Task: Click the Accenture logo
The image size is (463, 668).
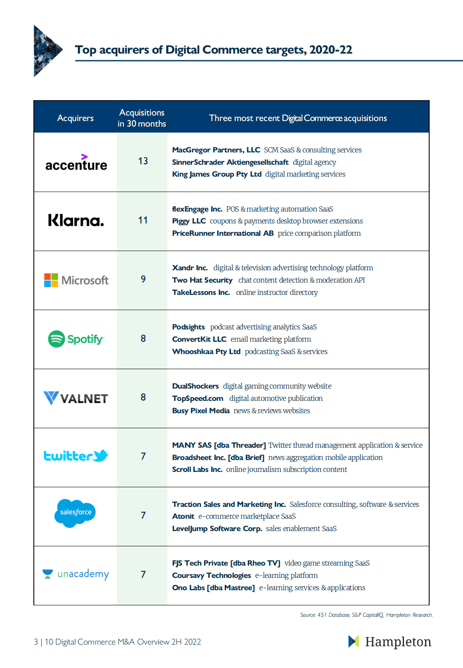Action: (76, 162)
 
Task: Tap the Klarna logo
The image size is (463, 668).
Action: (76, 220)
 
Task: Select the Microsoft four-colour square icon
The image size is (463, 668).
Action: (51, 280)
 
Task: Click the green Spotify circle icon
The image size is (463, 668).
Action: (56, 339)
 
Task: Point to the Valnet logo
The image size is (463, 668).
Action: (76, 398)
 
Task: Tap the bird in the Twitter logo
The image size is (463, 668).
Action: (100, 456)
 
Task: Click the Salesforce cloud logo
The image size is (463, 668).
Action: (75, 513)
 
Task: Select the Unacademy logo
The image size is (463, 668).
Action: (76, 574)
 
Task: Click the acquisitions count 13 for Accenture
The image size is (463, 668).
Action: (143, 161)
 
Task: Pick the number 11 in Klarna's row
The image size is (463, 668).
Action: (143, 220)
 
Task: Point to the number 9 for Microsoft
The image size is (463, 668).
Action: (143, 279)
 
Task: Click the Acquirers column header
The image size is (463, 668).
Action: (76, 118)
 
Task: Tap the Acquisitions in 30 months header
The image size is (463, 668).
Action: (142, 118)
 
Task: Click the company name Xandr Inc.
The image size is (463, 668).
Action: (190, 268)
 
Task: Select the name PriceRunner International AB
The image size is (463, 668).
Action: (223, 233)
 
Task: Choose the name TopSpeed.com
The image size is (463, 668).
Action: (198, 398)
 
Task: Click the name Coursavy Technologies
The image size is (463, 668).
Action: (211, 575)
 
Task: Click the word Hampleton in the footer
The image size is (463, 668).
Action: (398, 642)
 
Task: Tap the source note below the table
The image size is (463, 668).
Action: (366, 615)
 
